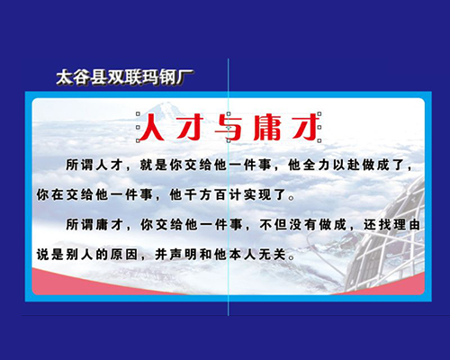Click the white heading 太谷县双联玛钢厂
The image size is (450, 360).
click(x=124, y=77)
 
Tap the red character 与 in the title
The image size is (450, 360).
click(x=229, y=128)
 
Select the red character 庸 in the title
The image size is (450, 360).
click(x=267, y=128)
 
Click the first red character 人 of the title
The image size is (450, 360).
click(x=152, y=127)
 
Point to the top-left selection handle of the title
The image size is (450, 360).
click(x=138, y=114)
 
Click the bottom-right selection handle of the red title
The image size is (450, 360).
click(x=319, y=140)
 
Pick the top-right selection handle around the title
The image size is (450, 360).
click(x=319, y=114)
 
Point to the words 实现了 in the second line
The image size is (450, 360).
click(x=265, y=195)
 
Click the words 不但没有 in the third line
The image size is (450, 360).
click(x=288, y=225)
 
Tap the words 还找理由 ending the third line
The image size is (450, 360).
click(x=392, y=225)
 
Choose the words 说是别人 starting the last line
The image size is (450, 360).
click(x=65, y=255)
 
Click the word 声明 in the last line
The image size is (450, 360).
click(x=184, y=255)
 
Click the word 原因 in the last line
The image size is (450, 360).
click(x=124, y=255)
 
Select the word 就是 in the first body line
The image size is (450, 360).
click(x=154, y=165)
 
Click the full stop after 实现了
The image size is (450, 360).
click(x=291, y=198)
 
